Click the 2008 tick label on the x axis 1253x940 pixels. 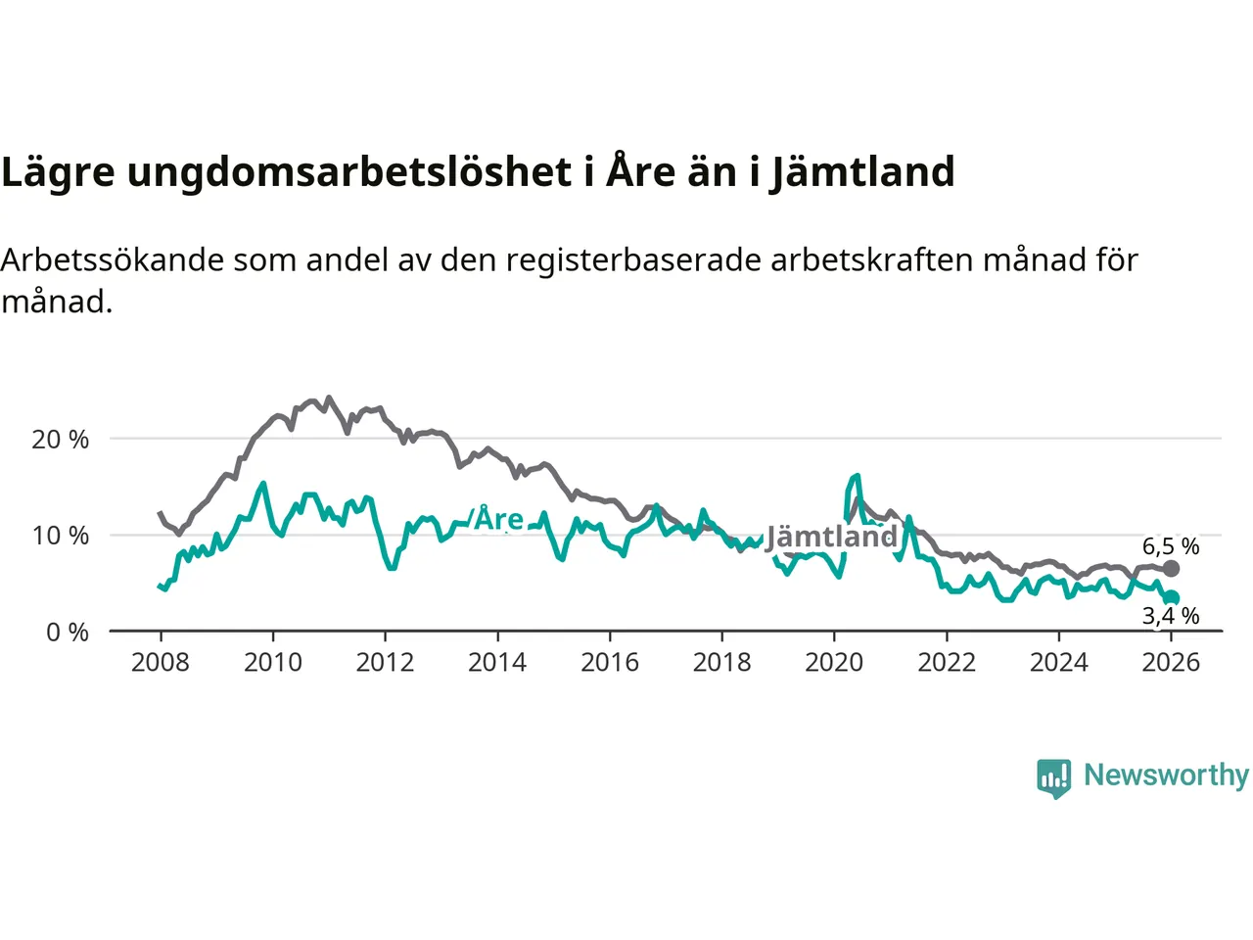pos(160,663)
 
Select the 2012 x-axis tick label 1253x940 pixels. pos(385,663)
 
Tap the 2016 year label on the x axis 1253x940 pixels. pos(609,663)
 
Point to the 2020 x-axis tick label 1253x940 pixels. pos(834,663)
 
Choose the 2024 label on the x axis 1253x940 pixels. pos(1058,663)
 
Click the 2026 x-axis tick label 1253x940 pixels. pos(1171,663)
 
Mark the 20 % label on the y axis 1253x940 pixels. pos(61,440)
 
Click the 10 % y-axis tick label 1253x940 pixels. pos(61,536)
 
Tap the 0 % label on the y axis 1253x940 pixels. pos(68,633)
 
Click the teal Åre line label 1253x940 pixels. pos(499,519)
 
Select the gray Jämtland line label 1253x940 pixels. pos(831,537)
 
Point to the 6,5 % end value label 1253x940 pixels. pos(1171,546)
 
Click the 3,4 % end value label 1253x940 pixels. pos(1171,616)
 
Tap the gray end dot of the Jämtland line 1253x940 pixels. pos(1171,569)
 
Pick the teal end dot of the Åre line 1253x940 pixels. pos(1172,598)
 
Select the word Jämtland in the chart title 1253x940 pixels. pos(861,172)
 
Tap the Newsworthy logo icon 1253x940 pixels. pos(1053,777)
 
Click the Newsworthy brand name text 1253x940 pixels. pos(1166,775)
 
